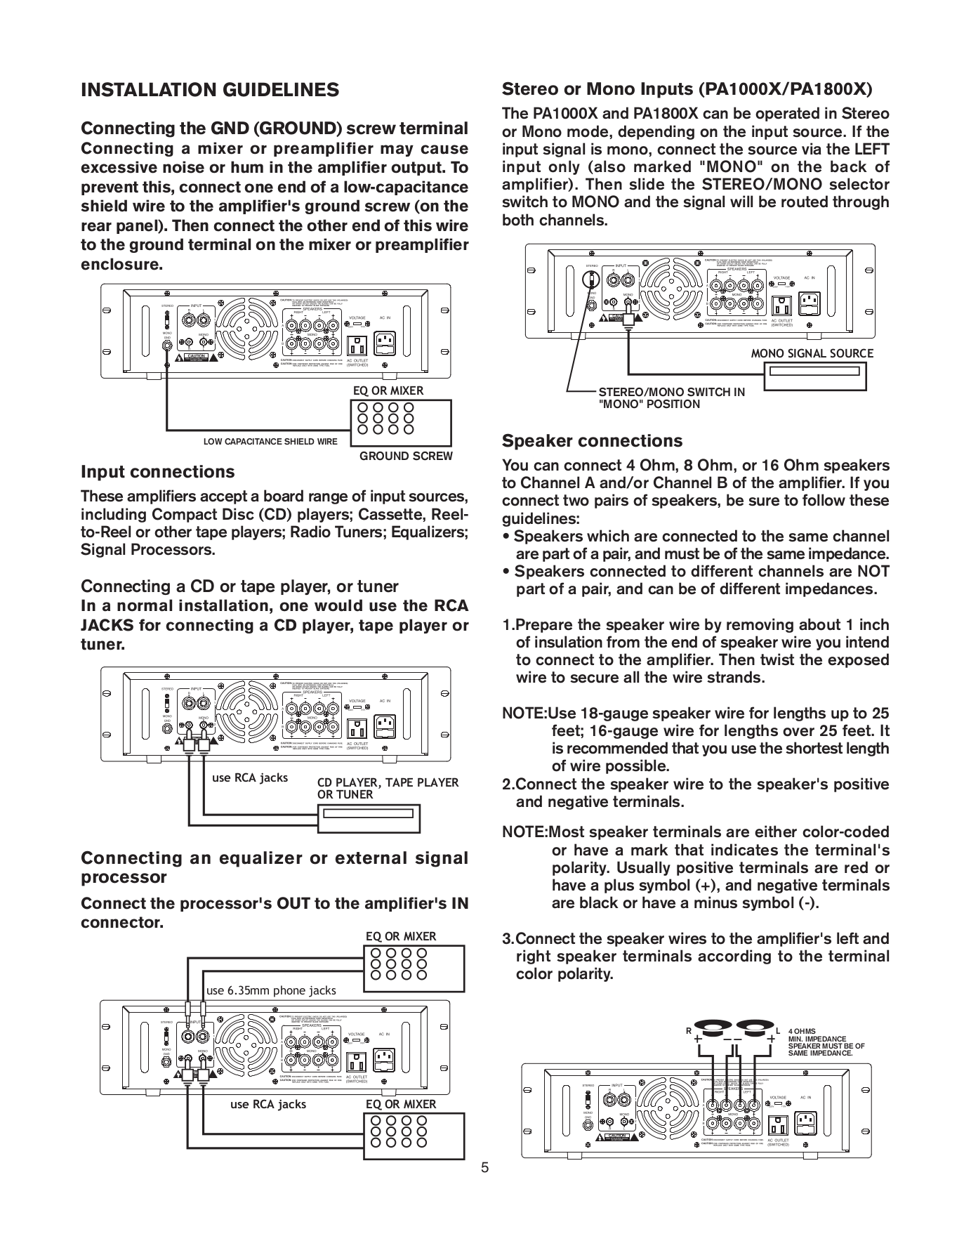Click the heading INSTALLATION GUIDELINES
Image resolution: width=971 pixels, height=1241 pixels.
point(210,91)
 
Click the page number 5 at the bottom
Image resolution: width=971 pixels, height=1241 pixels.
point(484,1168)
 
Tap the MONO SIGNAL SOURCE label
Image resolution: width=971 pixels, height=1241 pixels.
point(812,353)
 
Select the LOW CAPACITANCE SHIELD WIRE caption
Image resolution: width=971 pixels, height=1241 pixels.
point(270,442)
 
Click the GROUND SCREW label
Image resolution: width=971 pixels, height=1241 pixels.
point(406,457)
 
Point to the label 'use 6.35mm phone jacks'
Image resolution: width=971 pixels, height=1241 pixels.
point(271,991)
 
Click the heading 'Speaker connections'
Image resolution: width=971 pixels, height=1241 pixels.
point(592,441)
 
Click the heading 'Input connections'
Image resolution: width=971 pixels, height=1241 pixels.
point(158,471)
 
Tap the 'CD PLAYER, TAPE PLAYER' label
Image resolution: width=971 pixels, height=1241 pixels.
point(388,782)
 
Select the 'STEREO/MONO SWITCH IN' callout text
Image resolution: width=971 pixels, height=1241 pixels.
point(671,393)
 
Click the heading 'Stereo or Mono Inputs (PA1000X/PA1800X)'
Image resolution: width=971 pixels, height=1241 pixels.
point(687,90)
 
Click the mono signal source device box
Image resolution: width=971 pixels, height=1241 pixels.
point(812,376)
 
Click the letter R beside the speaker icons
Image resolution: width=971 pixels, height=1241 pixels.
point(689,1031)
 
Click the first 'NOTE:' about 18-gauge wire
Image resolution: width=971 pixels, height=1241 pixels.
point(524,714)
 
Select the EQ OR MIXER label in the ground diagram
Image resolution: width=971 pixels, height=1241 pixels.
point(388,390)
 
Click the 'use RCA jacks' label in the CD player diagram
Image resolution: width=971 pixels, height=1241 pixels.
point(250,777)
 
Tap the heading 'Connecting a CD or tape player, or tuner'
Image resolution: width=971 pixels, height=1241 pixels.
point(239,586)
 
